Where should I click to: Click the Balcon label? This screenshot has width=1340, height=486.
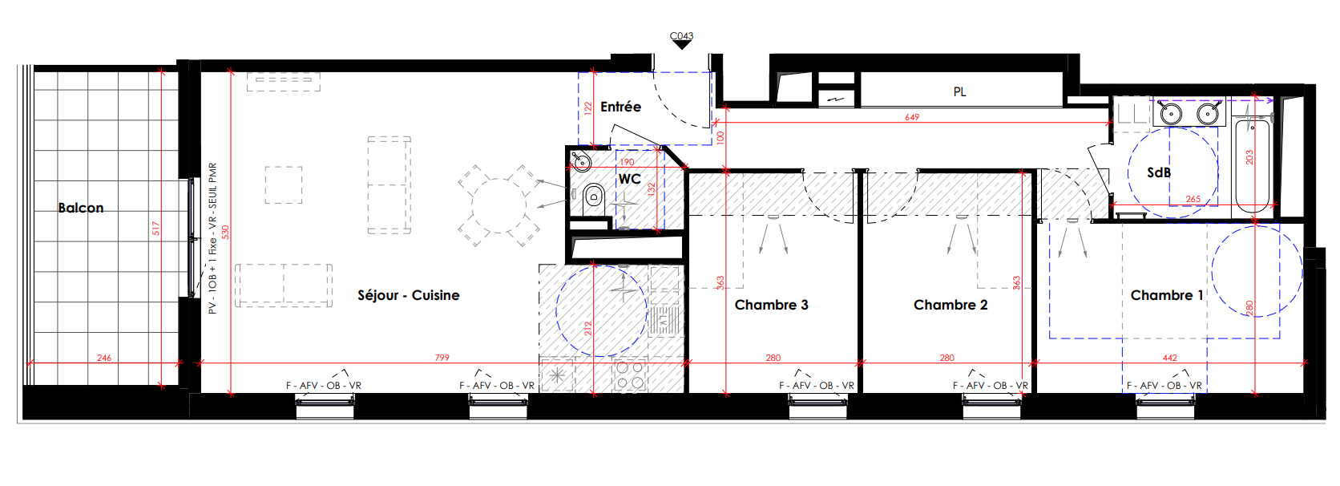click(x=81, y=208)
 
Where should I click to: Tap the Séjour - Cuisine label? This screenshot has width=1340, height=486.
click(x=409, y=295)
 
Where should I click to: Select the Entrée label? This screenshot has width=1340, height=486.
click(x=620, y=107)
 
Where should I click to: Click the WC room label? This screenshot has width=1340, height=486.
click(x=629, y=179)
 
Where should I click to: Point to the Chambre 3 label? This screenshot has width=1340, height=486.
click(x=771, y=305)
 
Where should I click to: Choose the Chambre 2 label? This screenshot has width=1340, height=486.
click(x=951, y=305)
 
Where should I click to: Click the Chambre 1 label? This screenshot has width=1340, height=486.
click(x=1167, y=295)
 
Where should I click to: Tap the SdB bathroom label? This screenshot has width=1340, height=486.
click(x=1159, y=172)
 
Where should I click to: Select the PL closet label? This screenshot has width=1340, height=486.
click(x=959, y=91)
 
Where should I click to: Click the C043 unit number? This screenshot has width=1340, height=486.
click(x=681, y=36)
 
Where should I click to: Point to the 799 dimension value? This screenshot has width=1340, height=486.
click(x=442, y=358)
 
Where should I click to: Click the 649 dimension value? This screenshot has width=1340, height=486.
click(x=912, y=117)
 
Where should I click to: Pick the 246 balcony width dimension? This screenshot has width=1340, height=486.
click(x=104, y=358)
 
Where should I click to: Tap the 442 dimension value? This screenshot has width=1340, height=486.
click(x=1169, y=358)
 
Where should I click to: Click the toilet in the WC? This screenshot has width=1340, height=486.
click(x=593, y=195)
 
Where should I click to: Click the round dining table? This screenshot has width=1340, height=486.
click(x=498, y=205)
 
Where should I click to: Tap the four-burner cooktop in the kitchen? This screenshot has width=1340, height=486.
click(x=630, y=375)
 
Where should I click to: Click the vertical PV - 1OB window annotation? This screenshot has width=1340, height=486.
click(x=213, y=238)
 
